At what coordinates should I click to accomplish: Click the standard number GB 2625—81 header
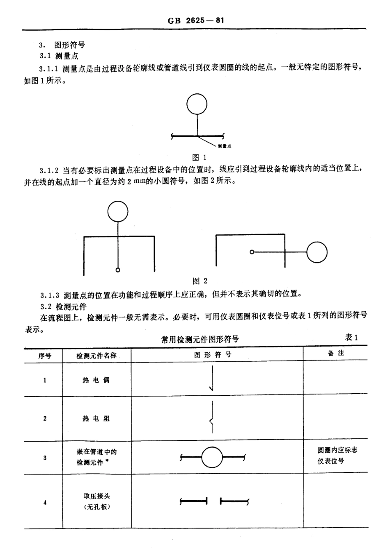tap(196, 20)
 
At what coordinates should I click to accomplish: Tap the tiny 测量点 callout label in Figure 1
tap(225, 146)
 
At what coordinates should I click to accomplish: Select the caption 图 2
tap(200, 281)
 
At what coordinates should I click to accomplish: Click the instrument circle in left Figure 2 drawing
tap(118, 212)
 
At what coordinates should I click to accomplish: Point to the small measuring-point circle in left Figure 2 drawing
tap(118, 270)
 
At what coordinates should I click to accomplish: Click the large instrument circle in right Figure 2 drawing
tap(317, 252)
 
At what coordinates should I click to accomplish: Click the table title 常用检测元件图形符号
tap(200, 339)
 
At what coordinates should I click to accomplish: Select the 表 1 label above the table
tap(352, 338)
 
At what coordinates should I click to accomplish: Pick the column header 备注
tap(336, 353)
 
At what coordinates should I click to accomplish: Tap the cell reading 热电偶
tap(96, 380)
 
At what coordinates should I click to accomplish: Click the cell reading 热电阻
tap(96, 419)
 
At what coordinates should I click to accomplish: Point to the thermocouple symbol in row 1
tap(212, 378)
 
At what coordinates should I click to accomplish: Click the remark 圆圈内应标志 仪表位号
tap(337, 456)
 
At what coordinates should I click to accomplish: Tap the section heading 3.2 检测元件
tap(64, 306)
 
